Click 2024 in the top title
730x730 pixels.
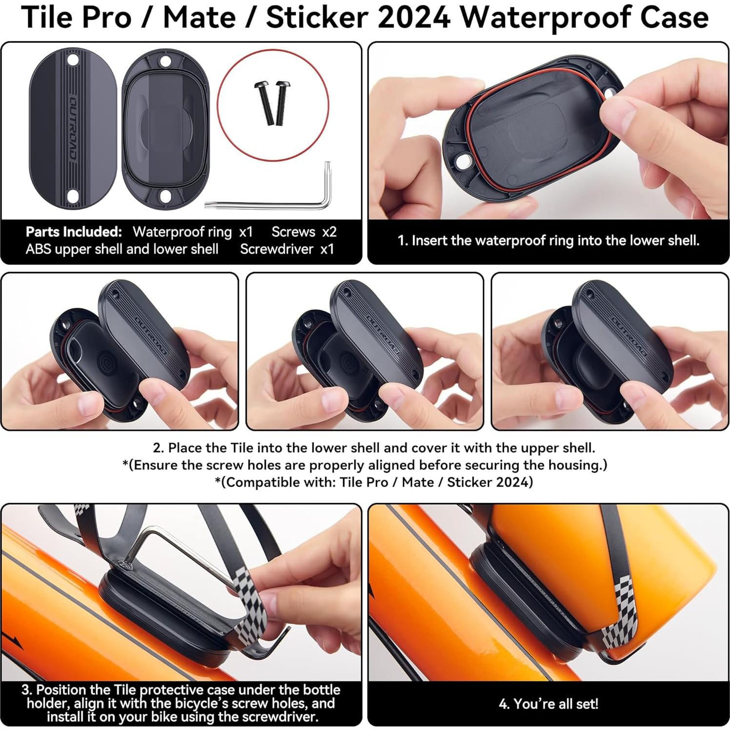(x=413, y=18)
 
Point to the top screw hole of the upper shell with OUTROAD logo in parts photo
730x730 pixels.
(x=73, y=61)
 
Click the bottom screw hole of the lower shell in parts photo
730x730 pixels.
(x=165, y=196)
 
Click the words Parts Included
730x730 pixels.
(x=74, y=232)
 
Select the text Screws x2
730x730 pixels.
(x=304, y=232)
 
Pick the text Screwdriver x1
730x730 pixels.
(x=287, y=249)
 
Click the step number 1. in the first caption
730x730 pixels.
(x=402, y=240)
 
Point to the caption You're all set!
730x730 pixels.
(x=548, y=704)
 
